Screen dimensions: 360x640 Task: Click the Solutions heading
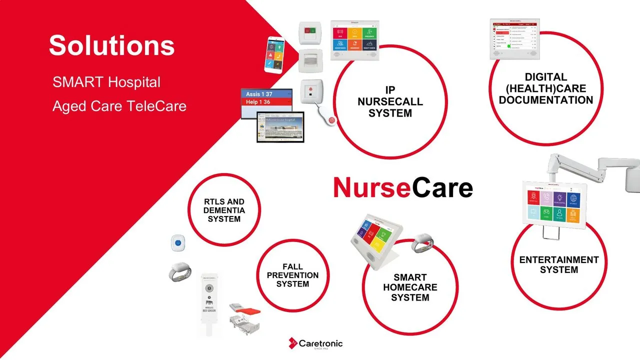[111, 45]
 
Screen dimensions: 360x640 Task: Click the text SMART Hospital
[106, 82]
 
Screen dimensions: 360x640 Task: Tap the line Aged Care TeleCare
[119, 106]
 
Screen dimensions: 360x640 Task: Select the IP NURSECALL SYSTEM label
[390, 102]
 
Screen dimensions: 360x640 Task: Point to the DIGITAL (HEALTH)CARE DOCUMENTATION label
[545, 88]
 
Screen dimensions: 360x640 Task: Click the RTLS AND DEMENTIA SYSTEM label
[224, 210]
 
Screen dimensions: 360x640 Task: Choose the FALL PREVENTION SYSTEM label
[292, 275]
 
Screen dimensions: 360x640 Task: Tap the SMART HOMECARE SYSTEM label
[410, 287]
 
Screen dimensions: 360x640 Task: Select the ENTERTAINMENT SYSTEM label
[558, 265]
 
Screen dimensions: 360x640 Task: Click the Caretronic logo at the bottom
[315, 343]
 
